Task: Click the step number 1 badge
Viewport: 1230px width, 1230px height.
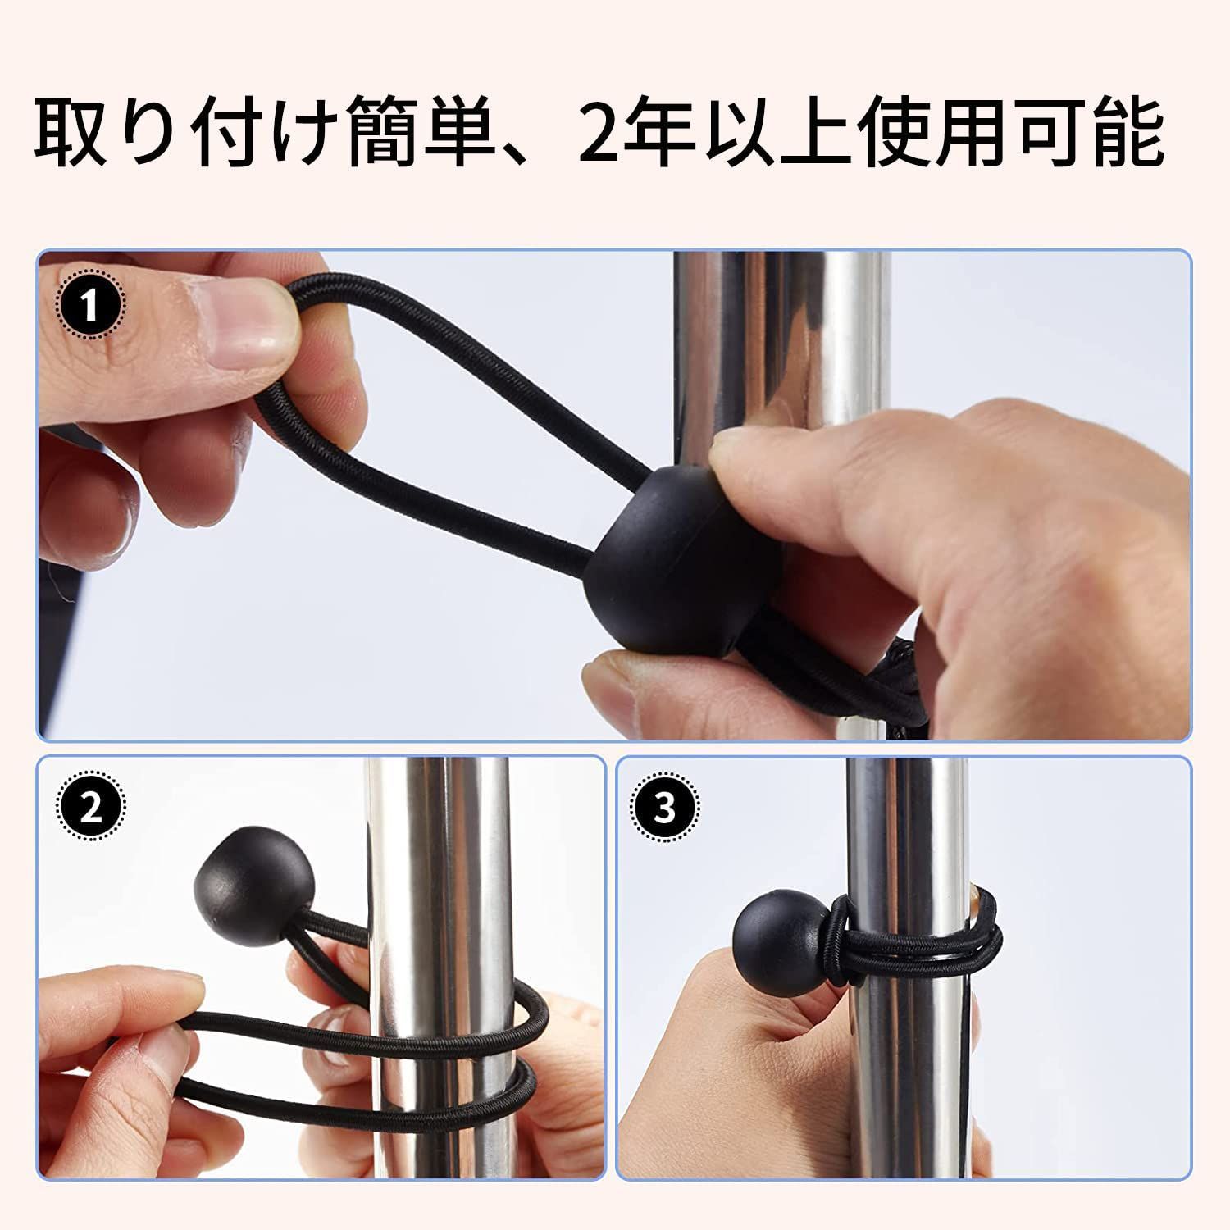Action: click(90, 308)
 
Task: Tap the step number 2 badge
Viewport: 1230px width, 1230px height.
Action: click(90, 809)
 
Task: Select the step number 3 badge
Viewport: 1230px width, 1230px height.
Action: click(665, 809)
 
